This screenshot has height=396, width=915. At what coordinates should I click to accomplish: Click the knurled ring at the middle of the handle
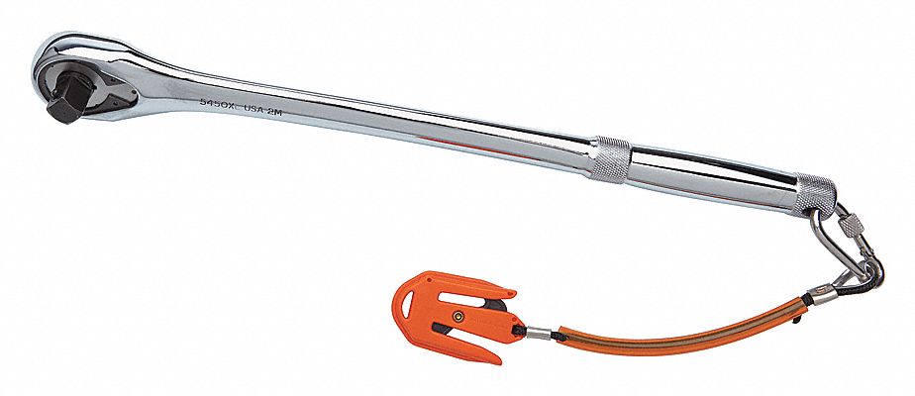coord(609,158)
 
